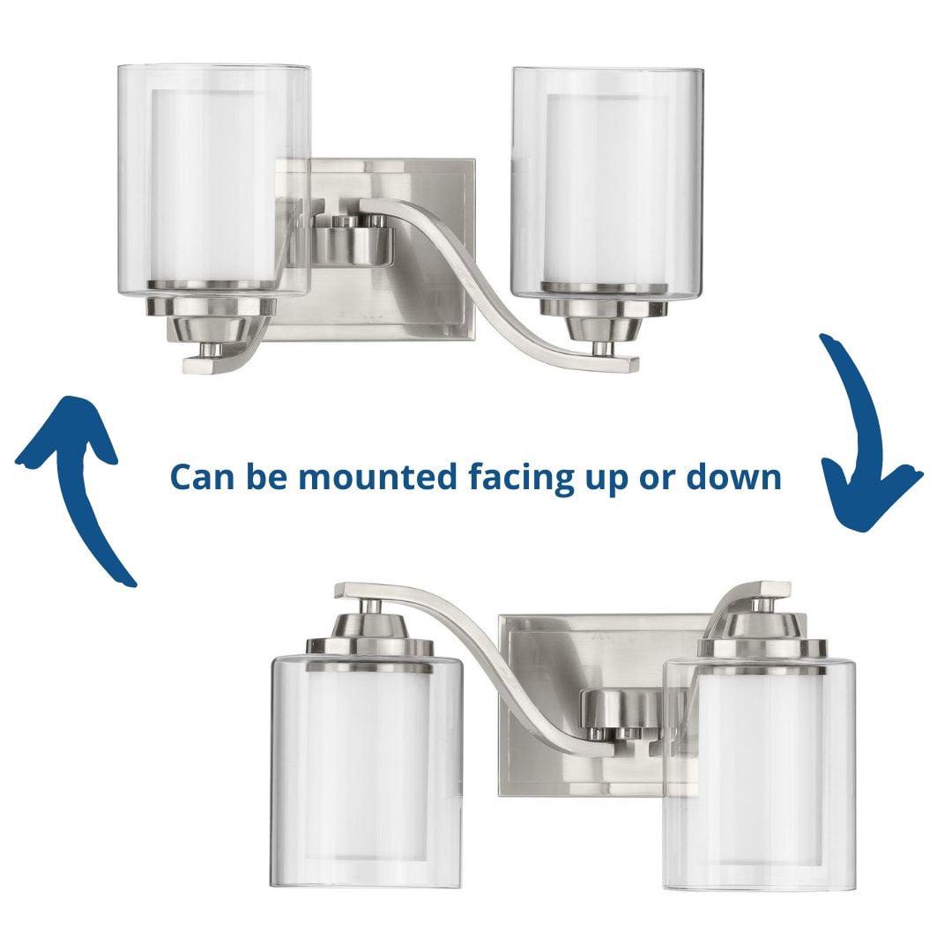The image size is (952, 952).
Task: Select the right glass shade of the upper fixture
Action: click(607, 182)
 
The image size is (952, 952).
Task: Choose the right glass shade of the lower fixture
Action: click(760, 774)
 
